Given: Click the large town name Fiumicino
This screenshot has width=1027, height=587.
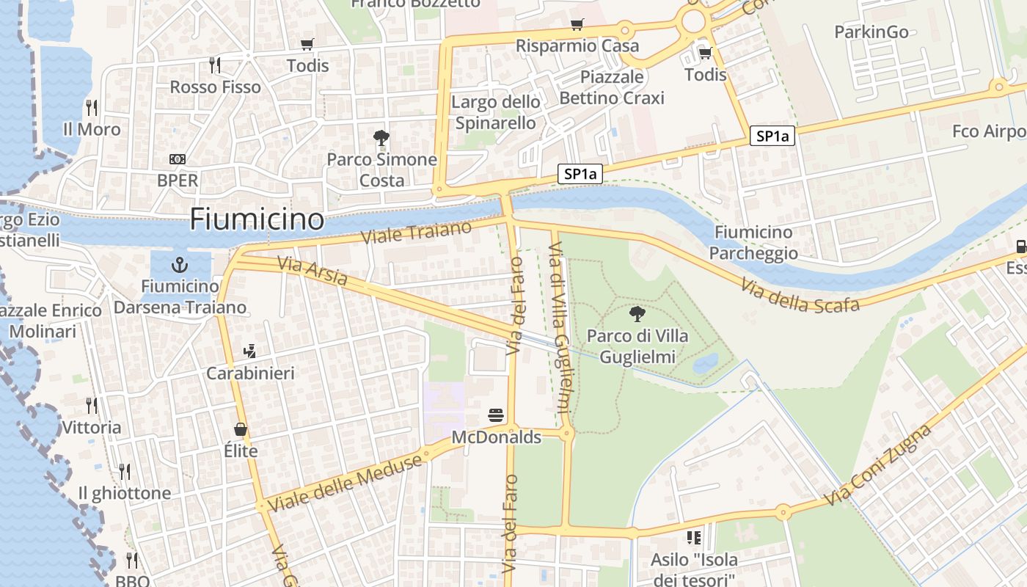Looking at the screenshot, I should [257, 219].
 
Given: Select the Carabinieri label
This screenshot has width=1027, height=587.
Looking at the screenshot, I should [250, 373].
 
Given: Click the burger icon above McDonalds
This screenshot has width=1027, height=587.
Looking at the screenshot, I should [496, 415].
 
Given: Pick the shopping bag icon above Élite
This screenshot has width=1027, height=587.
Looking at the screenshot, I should [241, 429].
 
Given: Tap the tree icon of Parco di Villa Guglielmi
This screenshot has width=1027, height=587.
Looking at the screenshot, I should [637, 314].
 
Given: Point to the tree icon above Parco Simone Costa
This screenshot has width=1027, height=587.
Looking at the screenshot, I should [381, 137].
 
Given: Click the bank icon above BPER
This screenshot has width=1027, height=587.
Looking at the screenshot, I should [178, 159].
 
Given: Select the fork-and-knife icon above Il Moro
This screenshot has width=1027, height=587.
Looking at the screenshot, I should [92, 108].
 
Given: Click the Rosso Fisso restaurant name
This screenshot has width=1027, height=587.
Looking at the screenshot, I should [215, 87].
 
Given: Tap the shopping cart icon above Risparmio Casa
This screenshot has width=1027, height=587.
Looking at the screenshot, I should [577, 25].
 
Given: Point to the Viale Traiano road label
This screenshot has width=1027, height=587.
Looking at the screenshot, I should [417, 233].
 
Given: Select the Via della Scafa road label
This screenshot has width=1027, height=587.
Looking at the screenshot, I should [800, 296].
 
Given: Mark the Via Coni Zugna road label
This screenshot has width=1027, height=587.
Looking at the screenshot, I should [877, 464].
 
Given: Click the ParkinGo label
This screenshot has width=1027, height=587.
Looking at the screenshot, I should [871, 32].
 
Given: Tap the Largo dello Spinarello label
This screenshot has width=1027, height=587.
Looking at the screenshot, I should [496, 112].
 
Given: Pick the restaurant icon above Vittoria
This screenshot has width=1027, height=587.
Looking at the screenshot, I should [92, 405].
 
